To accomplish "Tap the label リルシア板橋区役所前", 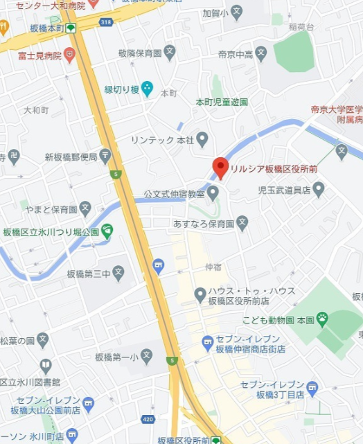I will [x=274, y=168].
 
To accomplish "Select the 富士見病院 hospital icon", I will [x=69, y=54].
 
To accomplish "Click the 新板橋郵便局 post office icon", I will [x=105, y=155].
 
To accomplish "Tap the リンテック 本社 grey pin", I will [x=202, y=140].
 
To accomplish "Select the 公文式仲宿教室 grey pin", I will [x=213, y=191].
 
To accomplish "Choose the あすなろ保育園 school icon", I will [x=242, y=223].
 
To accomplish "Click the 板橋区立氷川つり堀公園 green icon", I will [x=107, y=231].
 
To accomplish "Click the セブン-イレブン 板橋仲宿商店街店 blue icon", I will [x=207, y=341].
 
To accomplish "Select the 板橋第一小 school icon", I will [x=145, y=356].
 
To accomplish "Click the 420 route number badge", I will [x=148, y=419].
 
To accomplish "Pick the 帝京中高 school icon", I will [x=260, y=53].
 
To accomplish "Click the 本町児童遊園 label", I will [x=222, y=102].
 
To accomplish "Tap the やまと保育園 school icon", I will [x=85, y=207].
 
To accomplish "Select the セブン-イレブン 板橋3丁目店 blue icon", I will [x=312, y=387].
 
